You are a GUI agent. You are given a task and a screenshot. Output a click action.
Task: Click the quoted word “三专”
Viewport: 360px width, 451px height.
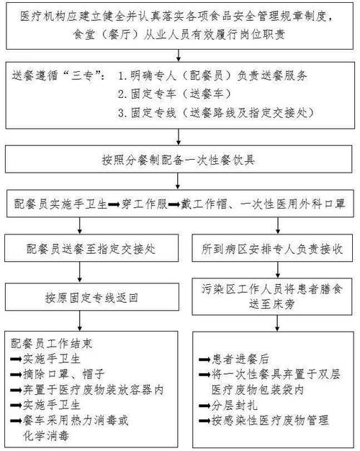click(x=83, y=76)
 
